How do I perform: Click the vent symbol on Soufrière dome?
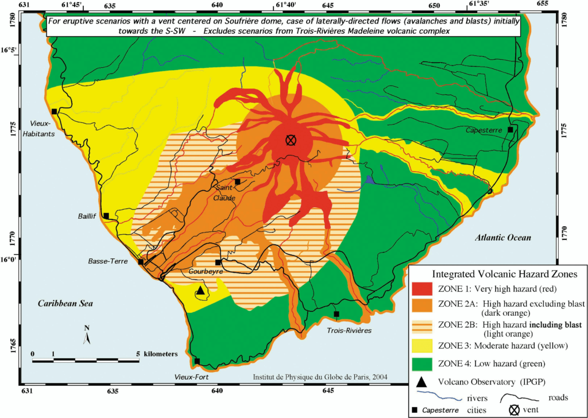(x=291, y=140)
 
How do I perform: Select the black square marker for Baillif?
(x=106, y=216)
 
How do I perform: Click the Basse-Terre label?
(x=107, y=261)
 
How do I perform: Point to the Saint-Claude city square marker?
(x=237, y=181)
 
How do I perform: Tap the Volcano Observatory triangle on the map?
(x=200, y=291)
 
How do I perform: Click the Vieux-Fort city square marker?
(x=197, y=361)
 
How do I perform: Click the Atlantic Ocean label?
(x=504, y=237)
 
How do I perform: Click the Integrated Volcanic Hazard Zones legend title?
(x=497, y=274)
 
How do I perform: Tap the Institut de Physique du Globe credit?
(x=320, y=377)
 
